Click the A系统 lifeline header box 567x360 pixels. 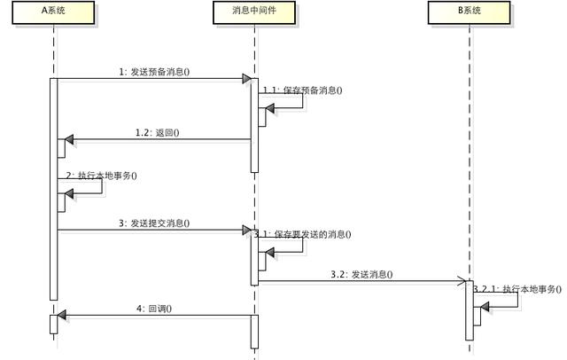point(53,13)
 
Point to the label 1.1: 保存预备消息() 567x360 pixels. point(302,90)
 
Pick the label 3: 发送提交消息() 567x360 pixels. point(155,223)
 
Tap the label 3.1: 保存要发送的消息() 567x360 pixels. point(302,234)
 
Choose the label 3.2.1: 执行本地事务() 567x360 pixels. point(517,289)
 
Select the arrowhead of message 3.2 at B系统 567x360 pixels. point(462,282)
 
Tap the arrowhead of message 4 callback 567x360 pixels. point(62,315)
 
